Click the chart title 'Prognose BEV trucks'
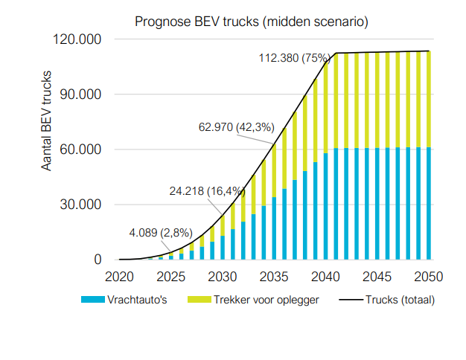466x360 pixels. point(251,22)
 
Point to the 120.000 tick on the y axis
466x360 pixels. point(77,39)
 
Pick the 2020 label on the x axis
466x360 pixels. point(119,277)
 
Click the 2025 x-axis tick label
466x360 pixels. point(170,277)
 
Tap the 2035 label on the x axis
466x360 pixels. point(274,277)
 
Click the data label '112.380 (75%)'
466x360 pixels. point(295,58)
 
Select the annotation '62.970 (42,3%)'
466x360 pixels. point(236,127)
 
